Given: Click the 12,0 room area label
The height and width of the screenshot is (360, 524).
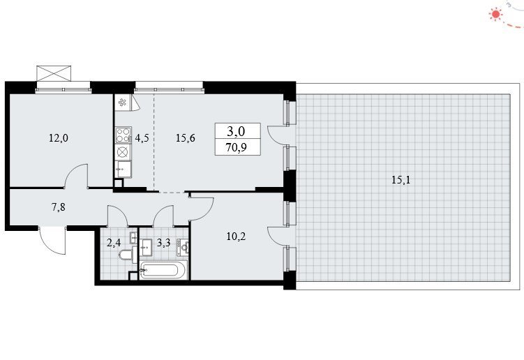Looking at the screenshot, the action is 59,137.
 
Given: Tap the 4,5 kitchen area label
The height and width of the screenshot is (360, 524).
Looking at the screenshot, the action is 142,137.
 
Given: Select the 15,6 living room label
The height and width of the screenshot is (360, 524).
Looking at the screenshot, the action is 186,137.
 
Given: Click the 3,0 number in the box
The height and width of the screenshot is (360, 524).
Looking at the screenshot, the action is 236,131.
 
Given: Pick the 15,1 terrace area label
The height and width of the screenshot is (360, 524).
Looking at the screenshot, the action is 401,180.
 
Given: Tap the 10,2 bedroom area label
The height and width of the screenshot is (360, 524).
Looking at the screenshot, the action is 236,237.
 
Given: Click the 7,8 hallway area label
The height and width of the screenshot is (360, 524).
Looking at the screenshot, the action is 58,207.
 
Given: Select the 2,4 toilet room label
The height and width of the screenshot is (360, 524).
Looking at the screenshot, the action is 114,242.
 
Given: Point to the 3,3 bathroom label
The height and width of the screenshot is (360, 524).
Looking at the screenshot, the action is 163,242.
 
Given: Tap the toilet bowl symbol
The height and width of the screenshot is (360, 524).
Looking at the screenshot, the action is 127,255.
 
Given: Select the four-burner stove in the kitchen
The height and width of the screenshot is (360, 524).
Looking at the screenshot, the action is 123,135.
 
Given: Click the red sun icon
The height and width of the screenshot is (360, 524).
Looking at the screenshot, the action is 495,14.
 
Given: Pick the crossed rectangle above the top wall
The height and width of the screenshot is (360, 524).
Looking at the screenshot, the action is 54,73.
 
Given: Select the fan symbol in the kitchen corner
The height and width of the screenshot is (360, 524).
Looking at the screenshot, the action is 122,103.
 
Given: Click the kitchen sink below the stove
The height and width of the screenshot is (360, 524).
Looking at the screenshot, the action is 123,169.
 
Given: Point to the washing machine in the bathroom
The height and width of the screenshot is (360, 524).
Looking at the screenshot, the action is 183,248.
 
